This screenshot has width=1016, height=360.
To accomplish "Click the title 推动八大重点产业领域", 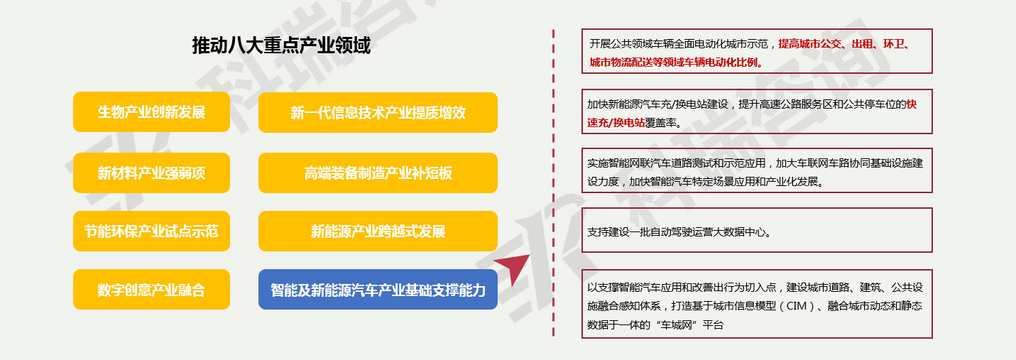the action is pyautogui.click(x=281, y=45).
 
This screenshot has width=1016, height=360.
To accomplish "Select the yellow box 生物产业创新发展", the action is pyautogui.click(x=151, y=112).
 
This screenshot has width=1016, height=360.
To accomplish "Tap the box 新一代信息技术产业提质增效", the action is pyautogui.click(x=378, y=112).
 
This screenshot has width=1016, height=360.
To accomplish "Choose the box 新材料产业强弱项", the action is pyautogui.click(x=151, y=173).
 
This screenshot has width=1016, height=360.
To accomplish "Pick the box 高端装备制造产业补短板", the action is pyautogui.click(x=378, y=173).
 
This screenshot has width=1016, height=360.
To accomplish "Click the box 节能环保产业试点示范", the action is pyautogui.click(x=151, y=231).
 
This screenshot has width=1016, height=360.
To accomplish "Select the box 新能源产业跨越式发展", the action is pyautogui.click(x=378, y=231).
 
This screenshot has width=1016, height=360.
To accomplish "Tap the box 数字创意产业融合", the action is pyautogui.click(x=151, y=289).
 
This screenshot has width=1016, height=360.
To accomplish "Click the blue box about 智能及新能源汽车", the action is pyautogui.click(x=378, y=289).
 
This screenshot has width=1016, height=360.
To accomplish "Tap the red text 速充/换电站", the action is pyautogui.click(x=616, y=123).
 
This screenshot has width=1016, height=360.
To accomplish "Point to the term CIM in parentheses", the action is pyautogui.click(x=796, y=306).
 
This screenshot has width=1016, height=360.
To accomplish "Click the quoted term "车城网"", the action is pyautogui.click(x=677, y=325).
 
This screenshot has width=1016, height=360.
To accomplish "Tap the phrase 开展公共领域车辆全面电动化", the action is pyautogui.click(x=656, y=44).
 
